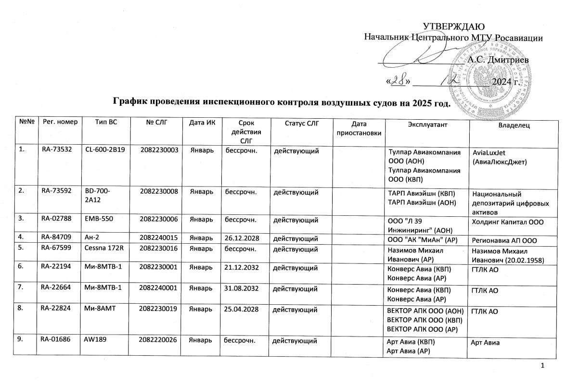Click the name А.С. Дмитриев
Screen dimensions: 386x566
(499, 60)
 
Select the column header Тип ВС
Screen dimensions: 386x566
(106, 124)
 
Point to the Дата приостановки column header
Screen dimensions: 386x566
(360, 128)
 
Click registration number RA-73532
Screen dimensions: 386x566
(56, 150)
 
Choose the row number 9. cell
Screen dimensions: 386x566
(22, 341)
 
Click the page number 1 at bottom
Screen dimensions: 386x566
(543, 368)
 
